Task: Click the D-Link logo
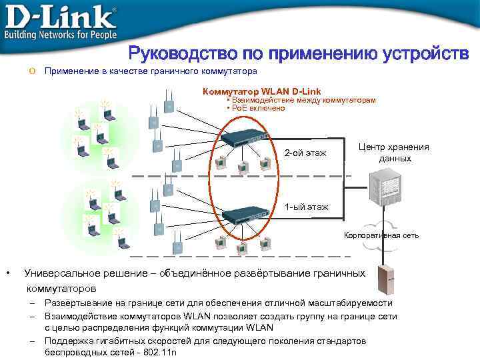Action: click(x=60, y=15)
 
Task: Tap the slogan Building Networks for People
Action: click(x=61, y=34)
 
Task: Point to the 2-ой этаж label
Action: click(x=305, y=154)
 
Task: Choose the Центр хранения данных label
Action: click(x=393, y=153)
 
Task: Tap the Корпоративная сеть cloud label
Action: click(x=381, y=235)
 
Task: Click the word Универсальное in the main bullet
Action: click(x=61, y=273)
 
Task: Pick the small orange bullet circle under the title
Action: click(x=33, y=71)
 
